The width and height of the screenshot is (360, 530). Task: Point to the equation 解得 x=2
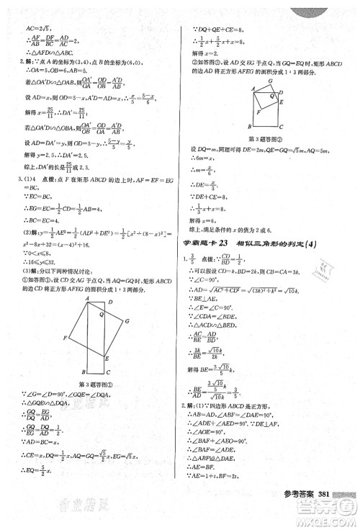[207, 54]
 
